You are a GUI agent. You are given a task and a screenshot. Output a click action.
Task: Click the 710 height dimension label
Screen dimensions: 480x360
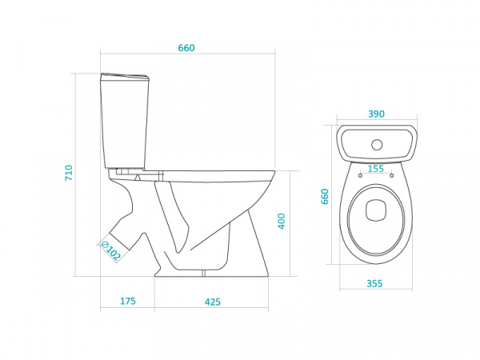pos(69,173)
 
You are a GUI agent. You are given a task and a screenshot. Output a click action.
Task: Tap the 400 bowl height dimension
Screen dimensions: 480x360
pos(282,221)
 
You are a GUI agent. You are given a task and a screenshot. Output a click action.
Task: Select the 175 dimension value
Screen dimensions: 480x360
pos(128,302)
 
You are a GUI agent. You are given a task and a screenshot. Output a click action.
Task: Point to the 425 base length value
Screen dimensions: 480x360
pos(213,302)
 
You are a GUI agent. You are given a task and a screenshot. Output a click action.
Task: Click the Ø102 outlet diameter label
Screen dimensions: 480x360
pos(111,251)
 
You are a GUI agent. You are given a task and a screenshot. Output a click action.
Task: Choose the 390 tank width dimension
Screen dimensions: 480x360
pos(376,114)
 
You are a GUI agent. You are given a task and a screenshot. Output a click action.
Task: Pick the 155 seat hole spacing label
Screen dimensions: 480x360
pos(376,169)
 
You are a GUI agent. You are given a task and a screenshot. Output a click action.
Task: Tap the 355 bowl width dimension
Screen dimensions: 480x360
pos(374,284)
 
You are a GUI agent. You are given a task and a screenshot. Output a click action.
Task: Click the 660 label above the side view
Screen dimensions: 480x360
pos(186,48)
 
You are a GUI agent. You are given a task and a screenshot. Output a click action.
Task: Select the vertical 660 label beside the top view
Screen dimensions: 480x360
pos(325,197)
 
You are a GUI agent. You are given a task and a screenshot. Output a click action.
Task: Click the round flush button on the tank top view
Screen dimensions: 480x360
pos(377,145)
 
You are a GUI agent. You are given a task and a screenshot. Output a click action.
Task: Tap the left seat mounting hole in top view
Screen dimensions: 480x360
pos(360,175)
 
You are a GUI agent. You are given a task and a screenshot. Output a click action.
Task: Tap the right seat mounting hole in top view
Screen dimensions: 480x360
pos(391,175)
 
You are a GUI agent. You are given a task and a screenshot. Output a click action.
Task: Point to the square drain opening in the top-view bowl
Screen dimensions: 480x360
pos(376,210)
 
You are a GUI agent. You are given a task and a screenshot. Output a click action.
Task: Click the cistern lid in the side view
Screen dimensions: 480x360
pos(125,77)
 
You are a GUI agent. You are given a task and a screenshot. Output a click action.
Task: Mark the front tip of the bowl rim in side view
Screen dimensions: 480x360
pos(274,173)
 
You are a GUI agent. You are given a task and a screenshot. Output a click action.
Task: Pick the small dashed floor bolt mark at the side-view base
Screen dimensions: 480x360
pos(203,273)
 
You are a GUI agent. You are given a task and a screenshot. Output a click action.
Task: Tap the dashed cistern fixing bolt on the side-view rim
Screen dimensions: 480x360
pos(161,176)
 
